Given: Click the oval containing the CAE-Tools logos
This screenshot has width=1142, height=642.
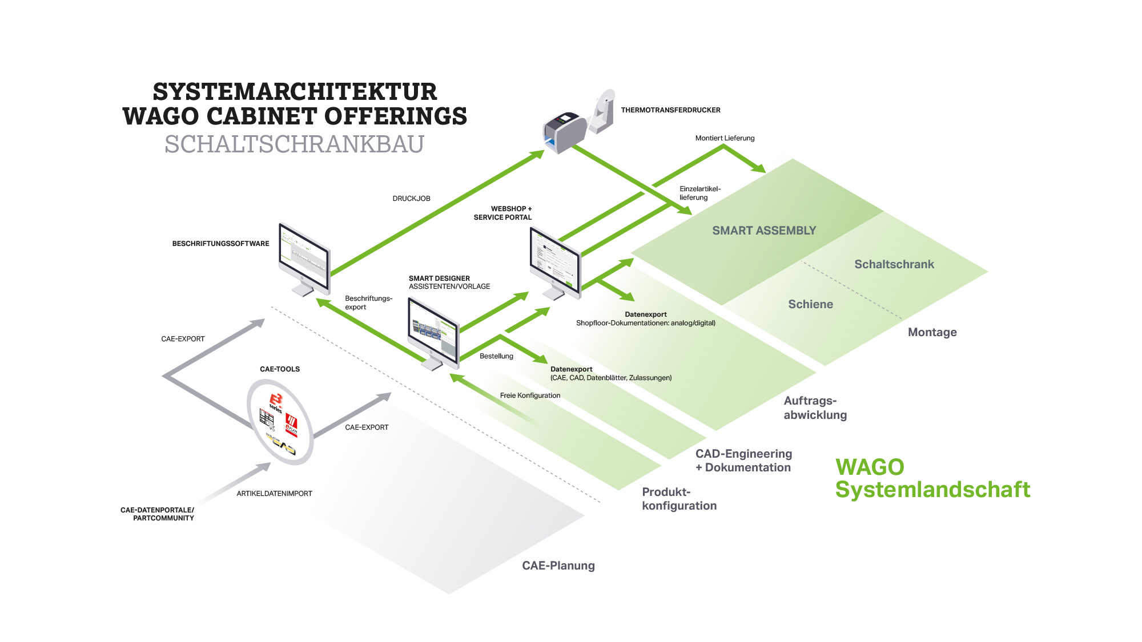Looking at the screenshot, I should tap(280, 422).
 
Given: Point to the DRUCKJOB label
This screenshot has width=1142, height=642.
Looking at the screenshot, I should tap(411, 199).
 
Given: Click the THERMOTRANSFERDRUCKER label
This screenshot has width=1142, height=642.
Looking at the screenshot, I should tap(670, 110).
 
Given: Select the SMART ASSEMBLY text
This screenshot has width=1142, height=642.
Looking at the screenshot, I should tap(763, 231).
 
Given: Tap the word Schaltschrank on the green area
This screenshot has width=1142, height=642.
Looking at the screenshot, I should tap(894, 264).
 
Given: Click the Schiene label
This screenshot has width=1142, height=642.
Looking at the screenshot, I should tap(810, 304).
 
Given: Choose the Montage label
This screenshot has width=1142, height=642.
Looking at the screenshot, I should tap(932, 332).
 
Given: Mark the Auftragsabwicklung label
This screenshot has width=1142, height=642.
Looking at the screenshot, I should tap(814, 407).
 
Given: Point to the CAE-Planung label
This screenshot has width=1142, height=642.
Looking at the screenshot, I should tap(558, 566).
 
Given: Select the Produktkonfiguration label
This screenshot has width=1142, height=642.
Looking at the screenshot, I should tap(678, 499).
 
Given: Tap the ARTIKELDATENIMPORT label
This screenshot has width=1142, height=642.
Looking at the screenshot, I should tap(274, 494).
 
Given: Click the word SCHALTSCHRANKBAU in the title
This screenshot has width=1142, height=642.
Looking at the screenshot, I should tap(294, 144).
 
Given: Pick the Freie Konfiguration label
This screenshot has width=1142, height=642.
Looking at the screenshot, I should tap(530, 395).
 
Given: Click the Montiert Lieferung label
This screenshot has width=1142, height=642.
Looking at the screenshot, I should tap(725, 138).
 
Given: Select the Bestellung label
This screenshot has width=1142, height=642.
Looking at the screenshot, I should tap(496, 356).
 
